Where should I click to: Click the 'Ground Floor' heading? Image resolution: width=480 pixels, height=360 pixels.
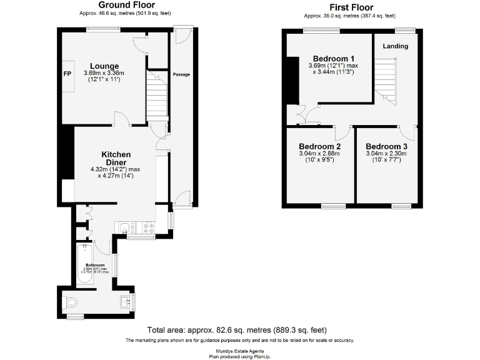[x=126, y=5]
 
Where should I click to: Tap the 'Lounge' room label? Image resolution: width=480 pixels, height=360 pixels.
[x=104, y=66]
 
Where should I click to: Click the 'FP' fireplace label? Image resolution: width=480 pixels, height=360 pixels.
[x=67, y=74]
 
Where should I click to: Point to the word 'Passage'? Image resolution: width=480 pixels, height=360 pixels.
[x=181, y=74]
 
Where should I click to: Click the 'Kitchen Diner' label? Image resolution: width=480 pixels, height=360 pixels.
[x=116, y=159]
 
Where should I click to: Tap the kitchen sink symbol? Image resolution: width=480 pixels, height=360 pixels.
[x=124, y=228]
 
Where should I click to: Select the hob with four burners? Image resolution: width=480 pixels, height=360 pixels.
[x=149, y=228]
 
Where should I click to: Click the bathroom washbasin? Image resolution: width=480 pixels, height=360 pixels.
[x=124, y=302]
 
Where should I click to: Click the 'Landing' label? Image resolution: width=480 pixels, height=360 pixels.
[x=395, y=46]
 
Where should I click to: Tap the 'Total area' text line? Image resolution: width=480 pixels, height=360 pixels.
[x=237, y=329]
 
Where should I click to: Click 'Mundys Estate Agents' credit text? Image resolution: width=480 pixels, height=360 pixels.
[x=240, y=351]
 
